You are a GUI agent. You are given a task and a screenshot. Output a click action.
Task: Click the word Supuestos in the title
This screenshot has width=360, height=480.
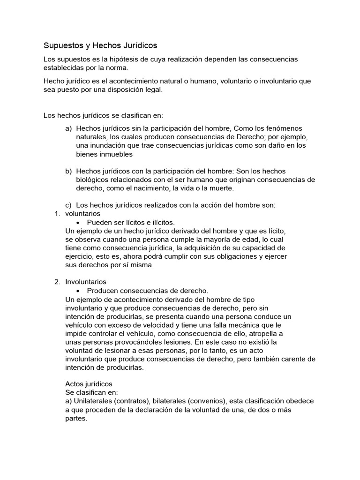click(x=61, y=45)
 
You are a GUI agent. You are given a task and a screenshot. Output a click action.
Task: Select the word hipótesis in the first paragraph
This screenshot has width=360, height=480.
click(x=122, y=59)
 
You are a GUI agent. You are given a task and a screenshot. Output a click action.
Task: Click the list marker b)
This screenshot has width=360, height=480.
click(x=68, y=171)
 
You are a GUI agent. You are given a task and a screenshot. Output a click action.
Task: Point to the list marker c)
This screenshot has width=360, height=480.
click(x=68, y=205)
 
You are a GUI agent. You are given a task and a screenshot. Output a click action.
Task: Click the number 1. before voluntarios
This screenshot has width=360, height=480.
click(x=57, y=213)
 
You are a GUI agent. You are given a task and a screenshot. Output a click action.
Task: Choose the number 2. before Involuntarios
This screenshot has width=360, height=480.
click(x=57, y=282)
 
